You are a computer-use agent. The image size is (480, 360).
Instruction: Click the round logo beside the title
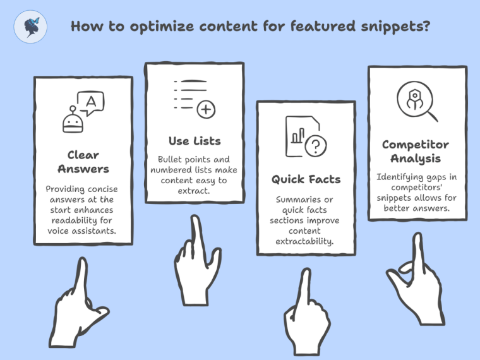tap(30, 27)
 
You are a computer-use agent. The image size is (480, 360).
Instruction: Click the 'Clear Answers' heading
tap(83, 162)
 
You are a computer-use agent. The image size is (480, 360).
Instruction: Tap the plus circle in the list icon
tap(206, 109)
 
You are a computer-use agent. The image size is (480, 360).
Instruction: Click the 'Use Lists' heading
tap(195, 140)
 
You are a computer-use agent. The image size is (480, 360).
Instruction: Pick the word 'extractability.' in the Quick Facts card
tap(305, 241)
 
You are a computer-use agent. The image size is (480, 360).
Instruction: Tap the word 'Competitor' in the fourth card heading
tap(415, 145)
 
